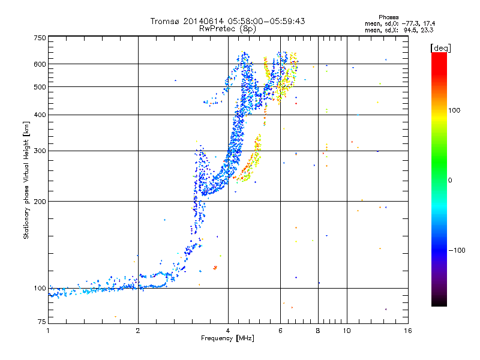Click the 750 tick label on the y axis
(x=40, y=37)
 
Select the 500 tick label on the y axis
(x=40, y=87)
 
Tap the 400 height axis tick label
(x=40, y=115)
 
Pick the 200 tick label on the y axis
(x=40, y=202)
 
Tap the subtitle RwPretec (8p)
(x=228, y=28)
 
